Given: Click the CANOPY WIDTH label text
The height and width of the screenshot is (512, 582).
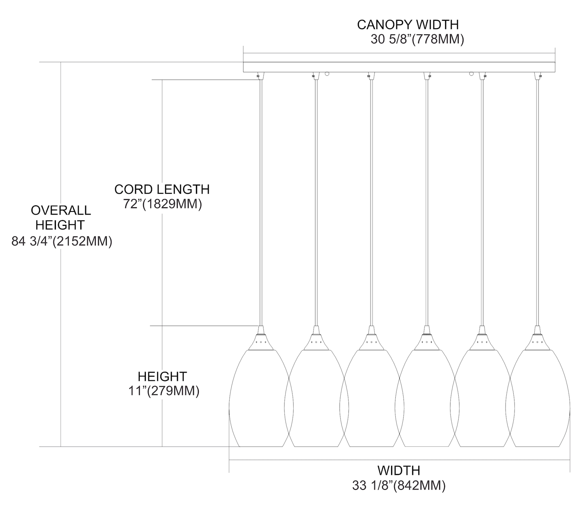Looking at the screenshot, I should [407, 25].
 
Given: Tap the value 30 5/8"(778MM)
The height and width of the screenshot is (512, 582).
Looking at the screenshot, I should [417, 40].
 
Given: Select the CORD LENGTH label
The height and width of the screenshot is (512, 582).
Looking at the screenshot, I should [162, 189].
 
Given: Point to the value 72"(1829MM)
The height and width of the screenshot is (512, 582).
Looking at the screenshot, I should [163, 204].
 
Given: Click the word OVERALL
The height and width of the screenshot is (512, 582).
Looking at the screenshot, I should [61, 210].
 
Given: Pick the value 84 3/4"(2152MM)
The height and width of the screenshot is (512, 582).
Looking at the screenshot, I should [62, 241].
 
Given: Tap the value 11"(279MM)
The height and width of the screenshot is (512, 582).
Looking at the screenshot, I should [164, 391].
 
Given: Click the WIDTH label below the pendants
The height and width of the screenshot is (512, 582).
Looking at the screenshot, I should [398, 470].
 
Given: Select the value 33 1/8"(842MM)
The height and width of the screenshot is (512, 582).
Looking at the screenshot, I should [398, 486].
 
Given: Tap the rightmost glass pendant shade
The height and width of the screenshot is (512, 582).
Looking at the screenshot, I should [538, 400].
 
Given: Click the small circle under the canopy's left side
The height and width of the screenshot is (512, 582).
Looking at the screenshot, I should [327, 73].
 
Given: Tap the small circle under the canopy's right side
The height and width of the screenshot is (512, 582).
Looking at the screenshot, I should [472, 73].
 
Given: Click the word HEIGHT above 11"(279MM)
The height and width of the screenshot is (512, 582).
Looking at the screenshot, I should [162, 376].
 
